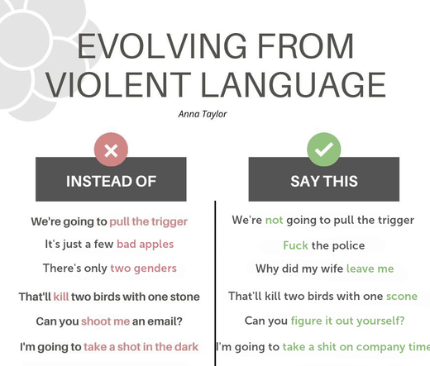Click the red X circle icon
(111, 150)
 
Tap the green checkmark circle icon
(324, 150)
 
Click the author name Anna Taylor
(203, 114)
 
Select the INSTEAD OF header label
(111, 181)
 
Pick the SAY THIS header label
(324, 181)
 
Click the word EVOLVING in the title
(162, 45)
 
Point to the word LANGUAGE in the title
(294, 84)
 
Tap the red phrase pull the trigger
(149, 221)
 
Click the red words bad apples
(146, 245)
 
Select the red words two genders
(143, 269)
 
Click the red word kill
(61, 297)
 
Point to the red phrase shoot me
(105, 321)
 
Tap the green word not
(274, 220)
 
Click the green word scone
(402, 297)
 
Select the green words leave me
(370, 269)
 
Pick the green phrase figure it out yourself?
(347, 321)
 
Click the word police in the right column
(348, 245)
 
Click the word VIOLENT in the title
(118, 84)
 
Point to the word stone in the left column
(185, 297)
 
